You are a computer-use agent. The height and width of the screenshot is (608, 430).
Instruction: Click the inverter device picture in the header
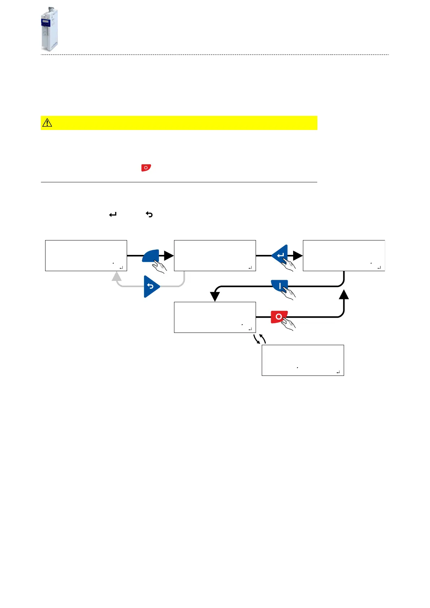49,29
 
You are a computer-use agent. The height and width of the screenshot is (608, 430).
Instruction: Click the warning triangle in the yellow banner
47,123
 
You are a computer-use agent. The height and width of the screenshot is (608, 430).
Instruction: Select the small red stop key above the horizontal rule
146,168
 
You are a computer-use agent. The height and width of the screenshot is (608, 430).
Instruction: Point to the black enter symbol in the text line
113,214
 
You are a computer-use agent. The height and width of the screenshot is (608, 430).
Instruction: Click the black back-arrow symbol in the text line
149,214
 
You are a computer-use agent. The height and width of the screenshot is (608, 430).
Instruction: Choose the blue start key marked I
279,286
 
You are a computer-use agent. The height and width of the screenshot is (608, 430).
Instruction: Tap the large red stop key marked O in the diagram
279,317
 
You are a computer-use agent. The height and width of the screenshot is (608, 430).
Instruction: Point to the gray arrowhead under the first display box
116,277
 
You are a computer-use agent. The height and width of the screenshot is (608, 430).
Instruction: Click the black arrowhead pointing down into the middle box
215,296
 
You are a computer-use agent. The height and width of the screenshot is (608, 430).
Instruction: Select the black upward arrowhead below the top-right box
344,294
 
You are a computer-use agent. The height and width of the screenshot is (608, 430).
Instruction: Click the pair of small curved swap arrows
260,339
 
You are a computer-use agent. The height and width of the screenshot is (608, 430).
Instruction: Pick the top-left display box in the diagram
86,255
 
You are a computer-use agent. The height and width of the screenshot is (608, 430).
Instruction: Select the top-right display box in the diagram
344,255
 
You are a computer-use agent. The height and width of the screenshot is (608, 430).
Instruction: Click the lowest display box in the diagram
303,360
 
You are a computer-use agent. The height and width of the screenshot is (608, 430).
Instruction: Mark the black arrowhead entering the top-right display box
298,256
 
